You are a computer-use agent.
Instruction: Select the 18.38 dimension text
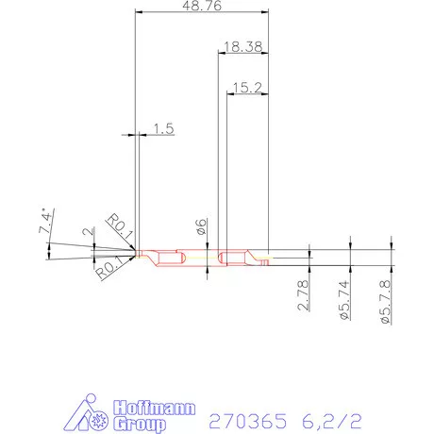click(x=243, y=45)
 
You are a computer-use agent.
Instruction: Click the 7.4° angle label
click(x=44, y=224)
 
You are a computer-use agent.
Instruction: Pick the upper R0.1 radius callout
click(x=118, y=227)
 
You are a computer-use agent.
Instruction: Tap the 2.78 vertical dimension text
click(x=302, y=295)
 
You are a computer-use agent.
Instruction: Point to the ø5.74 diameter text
click(x=343, y=300)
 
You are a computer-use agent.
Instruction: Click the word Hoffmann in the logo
click(x=156, y=407)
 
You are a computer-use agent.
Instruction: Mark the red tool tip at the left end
click(x=139, y=253)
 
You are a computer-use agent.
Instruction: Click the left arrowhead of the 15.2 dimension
click(x=229, y=94)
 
